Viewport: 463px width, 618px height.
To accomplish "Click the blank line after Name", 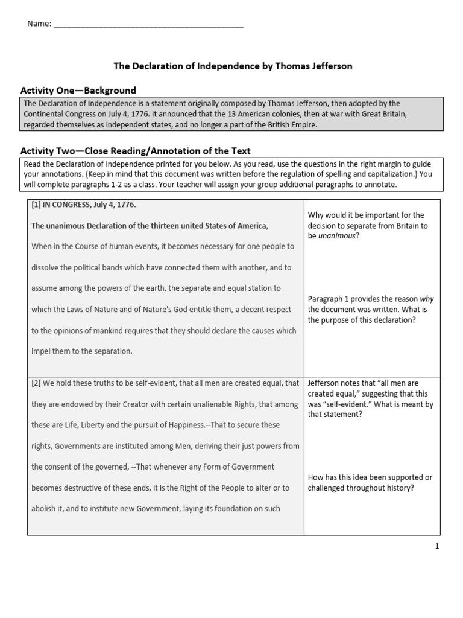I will [x=148, y=25].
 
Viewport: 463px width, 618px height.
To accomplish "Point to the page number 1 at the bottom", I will [x=438, y=546].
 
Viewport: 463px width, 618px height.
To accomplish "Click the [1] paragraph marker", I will [x=36, y=205].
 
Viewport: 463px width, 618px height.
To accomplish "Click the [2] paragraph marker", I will [x=36, y=383].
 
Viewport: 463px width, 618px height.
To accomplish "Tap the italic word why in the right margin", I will [x=427, y=299].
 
